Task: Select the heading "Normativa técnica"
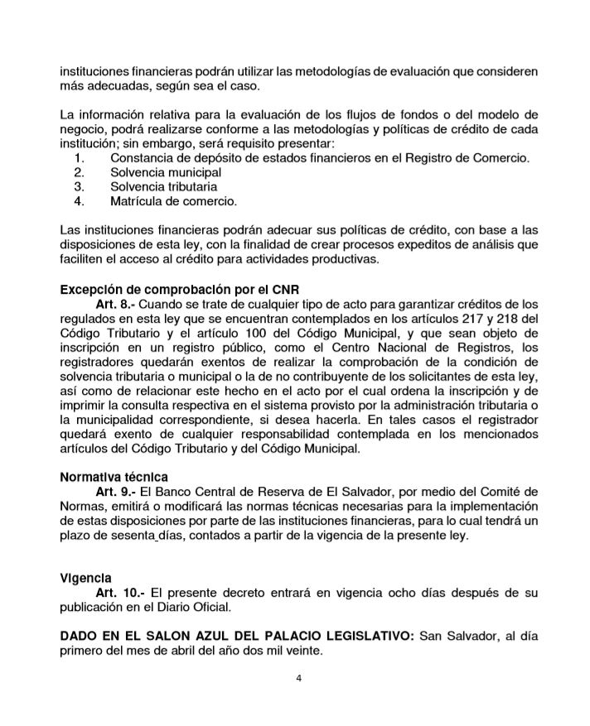tap(114, 478)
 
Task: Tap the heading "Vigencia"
tap(86, 577)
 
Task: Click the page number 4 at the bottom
tap(298, 679)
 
